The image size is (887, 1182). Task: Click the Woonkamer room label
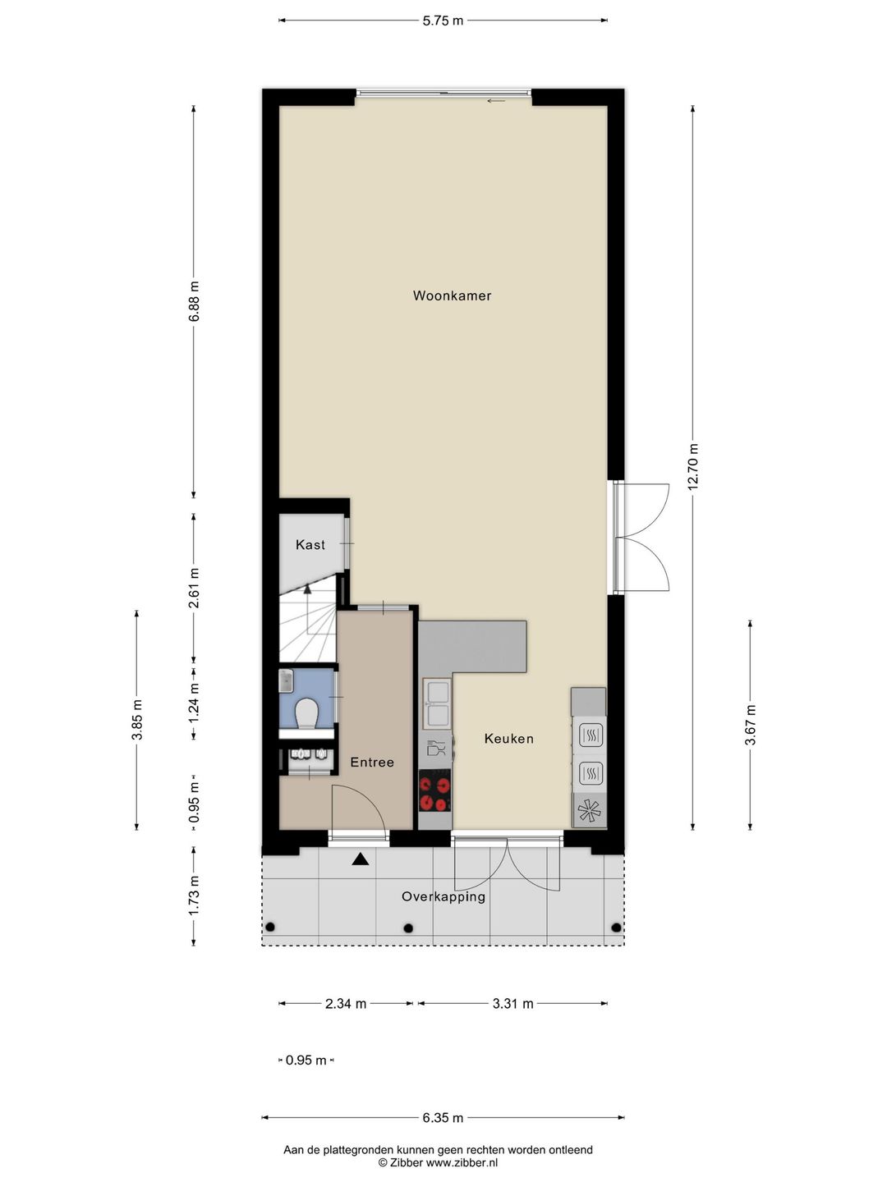[x=452, y=295]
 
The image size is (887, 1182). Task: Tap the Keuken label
[x=508, y=739]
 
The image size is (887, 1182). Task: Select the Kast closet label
[x=310, y=545]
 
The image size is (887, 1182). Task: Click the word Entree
[x=372, y=763]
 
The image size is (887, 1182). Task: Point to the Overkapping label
[x=443, y=897]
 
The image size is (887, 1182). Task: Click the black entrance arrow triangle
[x=360, y=859]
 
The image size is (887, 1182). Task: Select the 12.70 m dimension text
[x=694, y=466]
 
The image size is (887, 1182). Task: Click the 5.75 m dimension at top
[x=443, y=21]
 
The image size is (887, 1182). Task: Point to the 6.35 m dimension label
[x=443, y=1118]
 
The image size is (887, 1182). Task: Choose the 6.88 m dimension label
[x=194, y=303]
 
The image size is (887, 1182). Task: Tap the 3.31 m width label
[x=513, y=1004]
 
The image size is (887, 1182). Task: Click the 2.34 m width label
[x=346, y=1004]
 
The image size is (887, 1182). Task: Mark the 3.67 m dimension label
[x=750, y=725]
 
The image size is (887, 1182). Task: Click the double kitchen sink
[x=436, y=704]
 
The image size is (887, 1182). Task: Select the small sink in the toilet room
[x=286, y=680]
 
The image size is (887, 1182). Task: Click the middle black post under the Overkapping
[x=408, y=928]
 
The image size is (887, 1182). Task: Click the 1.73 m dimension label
[x=194, y=896]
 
